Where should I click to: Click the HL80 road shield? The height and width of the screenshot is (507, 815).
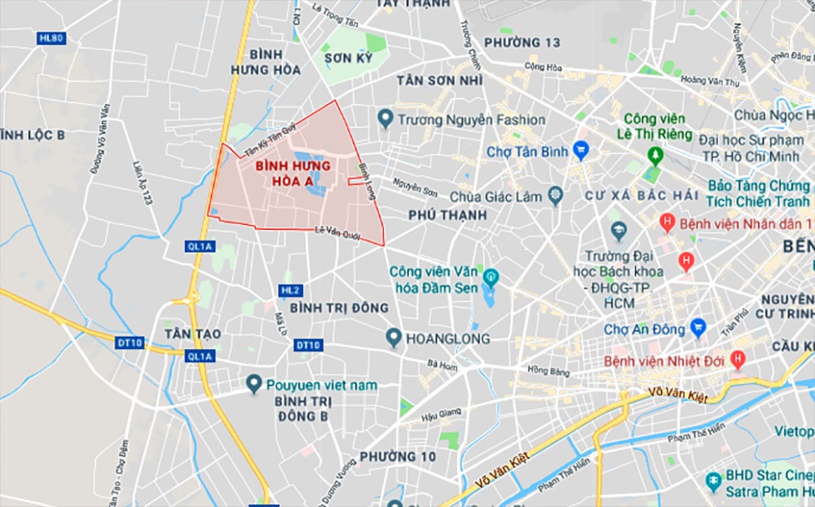pos(51,38)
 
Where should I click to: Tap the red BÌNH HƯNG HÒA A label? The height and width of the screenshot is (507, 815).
pos(281,173)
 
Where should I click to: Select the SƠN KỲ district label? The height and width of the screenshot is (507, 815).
pos(348,59)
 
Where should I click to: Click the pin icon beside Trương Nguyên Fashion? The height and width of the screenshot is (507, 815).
pos(386,120)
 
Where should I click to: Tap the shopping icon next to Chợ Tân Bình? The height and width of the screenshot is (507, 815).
pos(580,151)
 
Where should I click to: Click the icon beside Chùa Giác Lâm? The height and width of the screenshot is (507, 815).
pos(555,195)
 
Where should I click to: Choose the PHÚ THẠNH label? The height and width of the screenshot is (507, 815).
pos(448,215)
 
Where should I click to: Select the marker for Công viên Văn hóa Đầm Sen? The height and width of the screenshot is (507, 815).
pos(490,278)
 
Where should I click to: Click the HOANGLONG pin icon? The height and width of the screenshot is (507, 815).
pos(394,337)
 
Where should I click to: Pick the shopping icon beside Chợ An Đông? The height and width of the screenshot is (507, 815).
pos(698,329)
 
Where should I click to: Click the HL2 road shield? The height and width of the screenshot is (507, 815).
pos(290,290)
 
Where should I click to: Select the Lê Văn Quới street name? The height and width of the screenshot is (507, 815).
pos(337,232)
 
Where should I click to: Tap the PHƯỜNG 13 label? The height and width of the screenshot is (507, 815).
pos(522,42)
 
